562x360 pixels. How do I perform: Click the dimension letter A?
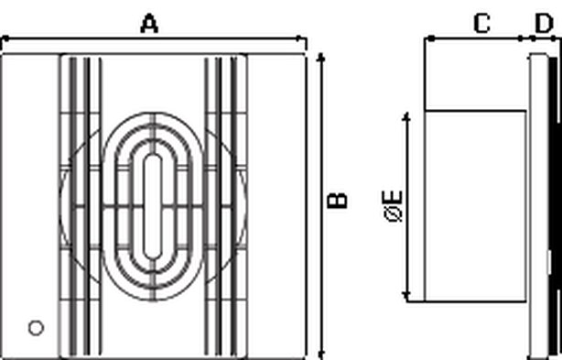[149, 24]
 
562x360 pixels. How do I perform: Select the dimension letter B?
[338, 201]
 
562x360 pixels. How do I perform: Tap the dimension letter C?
[482, 24]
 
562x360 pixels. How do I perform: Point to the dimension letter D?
[544, 24]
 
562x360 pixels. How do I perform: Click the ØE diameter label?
[394, 206]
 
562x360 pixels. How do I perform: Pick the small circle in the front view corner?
[36, 328]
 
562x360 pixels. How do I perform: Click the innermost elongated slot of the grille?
[153, 206]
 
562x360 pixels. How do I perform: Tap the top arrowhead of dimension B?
[321, 58]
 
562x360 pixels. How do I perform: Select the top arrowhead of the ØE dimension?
[406, 117]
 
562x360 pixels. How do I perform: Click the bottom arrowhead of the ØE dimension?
[406, 296]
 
